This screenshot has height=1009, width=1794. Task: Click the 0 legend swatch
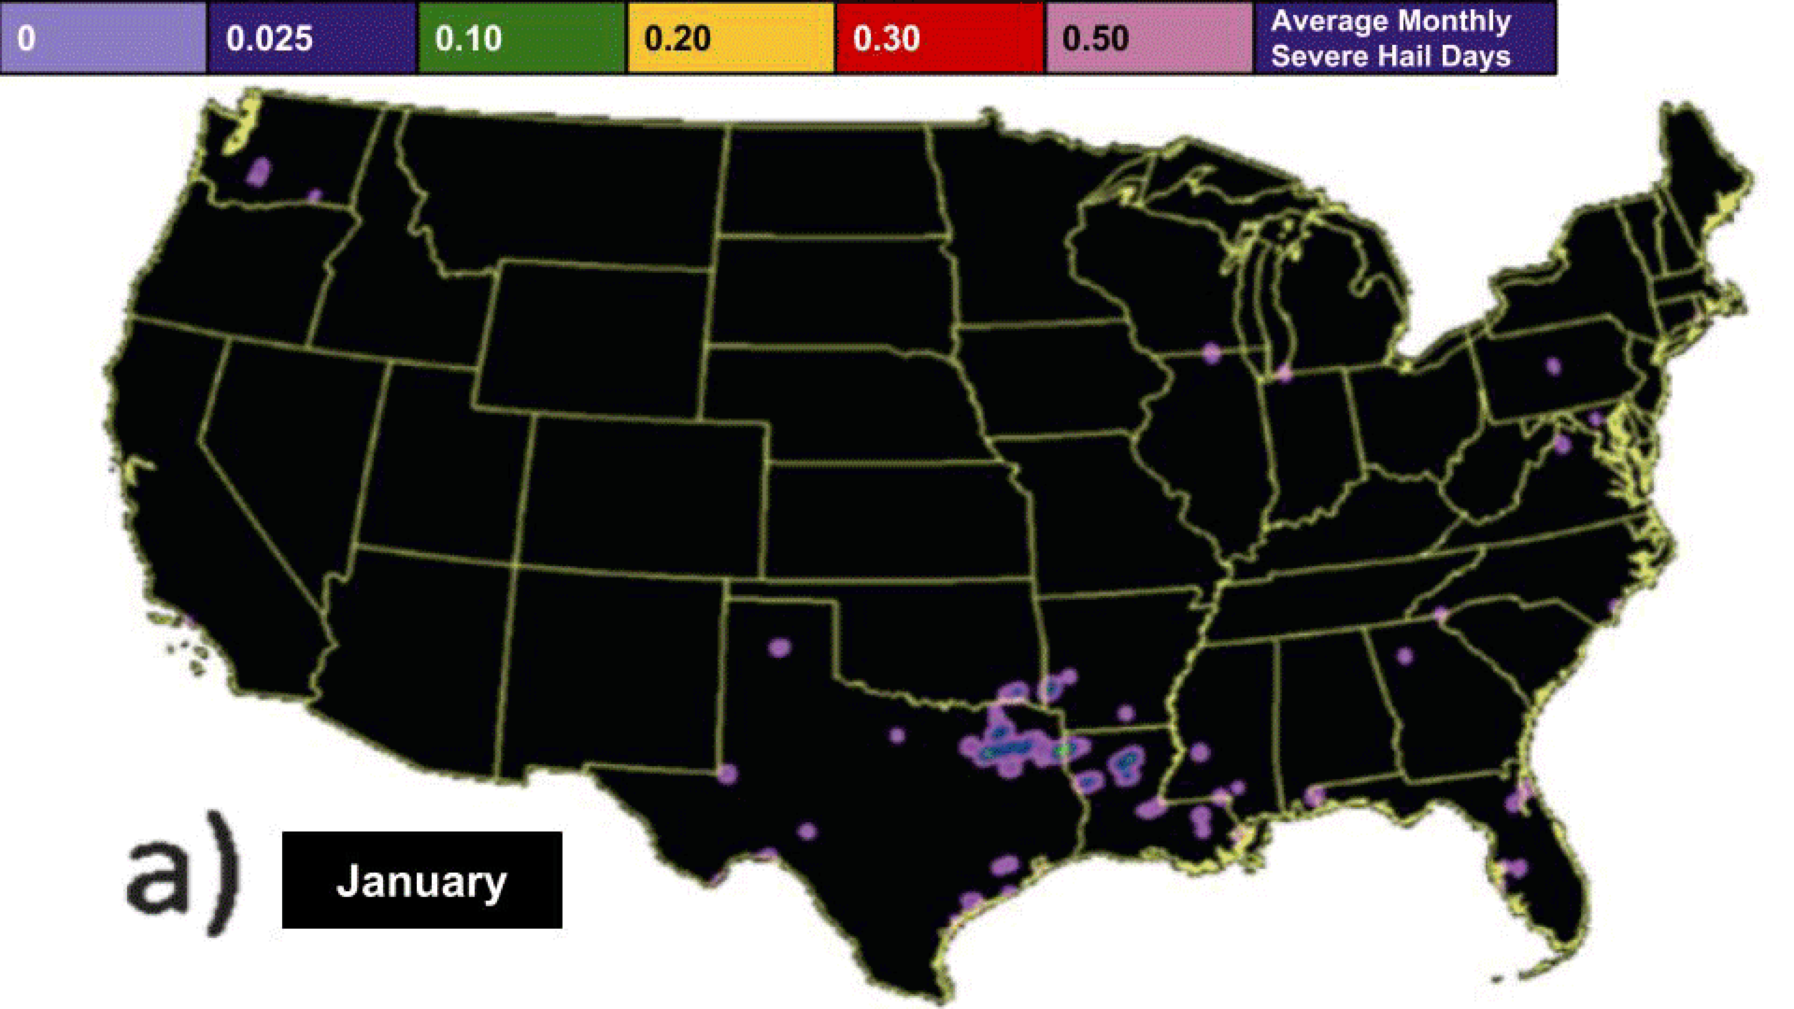pos(103,37)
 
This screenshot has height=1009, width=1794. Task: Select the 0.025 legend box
pos(312,37)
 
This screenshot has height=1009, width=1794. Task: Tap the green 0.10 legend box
pos(521,37)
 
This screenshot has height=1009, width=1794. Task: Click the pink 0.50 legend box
pos(1149,37)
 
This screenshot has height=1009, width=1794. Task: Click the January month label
pos(421,880)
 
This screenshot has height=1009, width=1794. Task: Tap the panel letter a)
pos(183,870)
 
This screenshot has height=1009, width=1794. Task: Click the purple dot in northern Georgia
pos(1405,655)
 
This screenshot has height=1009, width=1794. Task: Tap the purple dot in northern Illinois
pos(1212,353)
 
